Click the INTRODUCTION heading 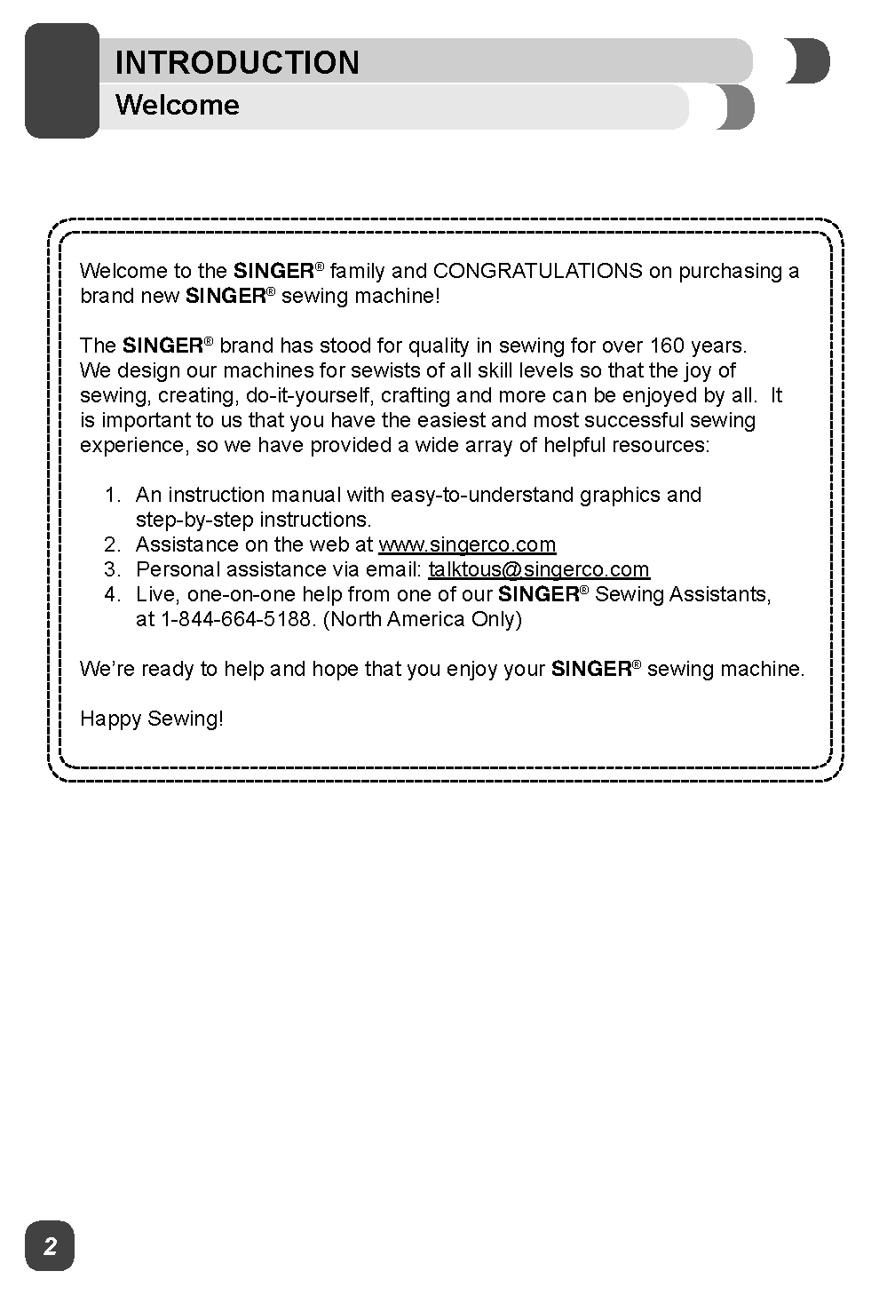pyautogui.click(x=237, y=62)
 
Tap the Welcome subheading pyautogui.click(x=178, y=105)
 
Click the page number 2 pyautogui.click(x=50, y=1246)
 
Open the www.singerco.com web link pyautogui.click(x=467, y=544)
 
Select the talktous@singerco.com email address pyautogui.click(x=539, y=569)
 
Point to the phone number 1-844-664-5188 pyautogui.click(x=236, y=619)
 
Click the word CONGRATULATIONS pyautogui.click(x=538, y=271)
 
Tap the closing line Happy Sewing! pyautogui.click(x=152, y=719)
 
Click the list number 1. pyautogui.click(x=111, y=495)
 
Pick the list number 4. pyautogui.click(x=111, y=594)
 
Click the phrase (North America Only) pyautogui.click(x=422, y=619)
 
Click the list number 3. pyautogui.click(x=111, y=569)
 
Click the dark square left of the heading pyautogui.click(x=61, y=81)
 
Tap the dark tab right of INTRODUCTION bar pyautogui.click(x=807, y=61)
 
